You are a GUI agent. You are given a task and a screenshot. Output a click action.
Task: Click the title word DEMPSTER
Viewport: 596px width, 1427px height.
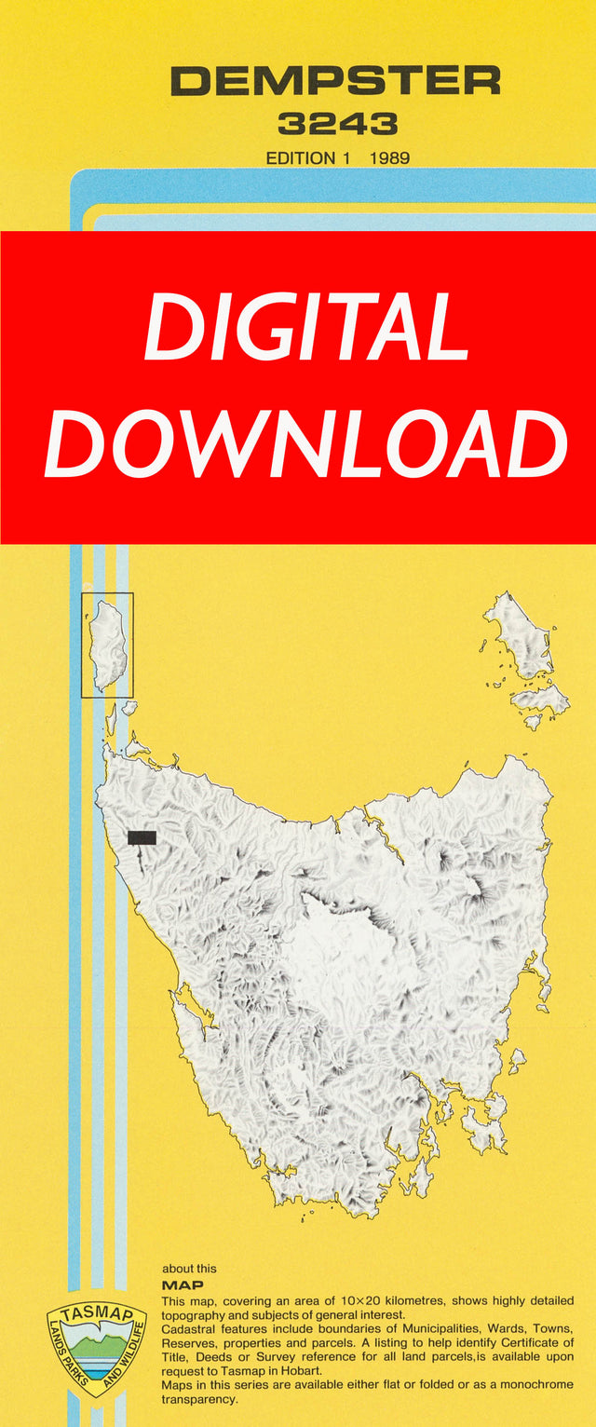coord(335,82)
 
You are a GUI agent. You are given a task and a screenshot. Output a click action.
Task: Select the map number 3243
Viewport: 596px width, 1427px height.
coord(337,124)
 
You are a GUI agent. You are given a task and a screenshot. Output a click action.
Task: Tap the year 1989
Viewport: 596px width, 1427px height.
coord(389,158)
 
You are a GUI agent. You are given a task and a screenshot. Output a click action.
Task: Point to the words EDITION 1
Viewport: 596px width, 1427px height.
coord(308,158)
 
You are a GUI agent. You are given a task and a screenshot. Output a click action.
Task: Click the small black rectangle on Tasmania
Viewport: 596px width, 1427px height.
coord(142,837)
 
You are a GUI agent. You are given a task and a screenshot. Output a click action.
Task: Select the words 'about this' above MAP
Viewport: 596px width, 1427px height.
coord(189,1269)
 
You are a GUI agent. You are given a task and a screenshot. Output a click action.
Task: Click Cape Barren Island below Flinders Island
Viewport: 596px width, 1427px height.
coord(540,699)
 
